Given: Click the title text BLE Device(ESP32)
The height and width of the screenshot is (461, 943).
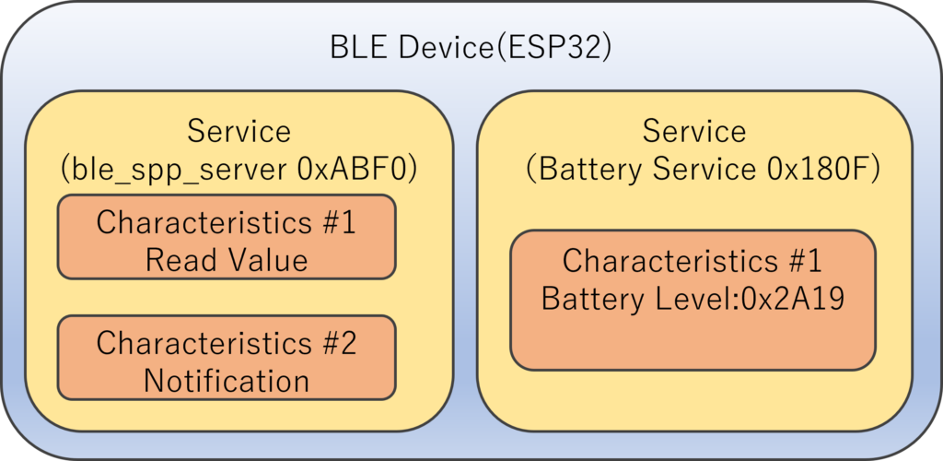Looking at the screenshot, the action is click(471, 48).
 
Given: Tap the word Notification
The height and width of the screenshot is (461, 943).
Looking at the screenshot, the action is click(227, 381).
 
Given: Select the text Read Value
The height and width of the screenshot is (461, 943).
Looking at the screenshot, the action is click(227, 261).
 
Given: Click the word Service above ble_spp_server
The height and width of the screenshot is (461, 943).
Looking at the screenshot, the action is click(239, 131).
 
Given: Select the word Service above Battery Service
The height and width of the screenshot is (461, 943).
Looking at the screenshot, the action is click(694, 131).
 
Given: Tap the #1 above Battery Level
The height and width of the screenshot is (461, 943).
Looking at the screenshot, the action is click(800, 261).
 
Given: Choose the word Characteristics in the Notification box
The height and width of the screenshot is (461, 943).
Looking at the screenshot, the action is click(200, 343).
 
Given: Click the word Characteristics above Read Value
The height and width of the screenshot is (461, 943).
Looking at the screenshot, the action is click(200, 223).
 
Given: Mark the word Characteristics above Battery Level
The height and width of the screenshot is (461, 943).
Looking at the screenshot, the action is click(667, 261).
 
